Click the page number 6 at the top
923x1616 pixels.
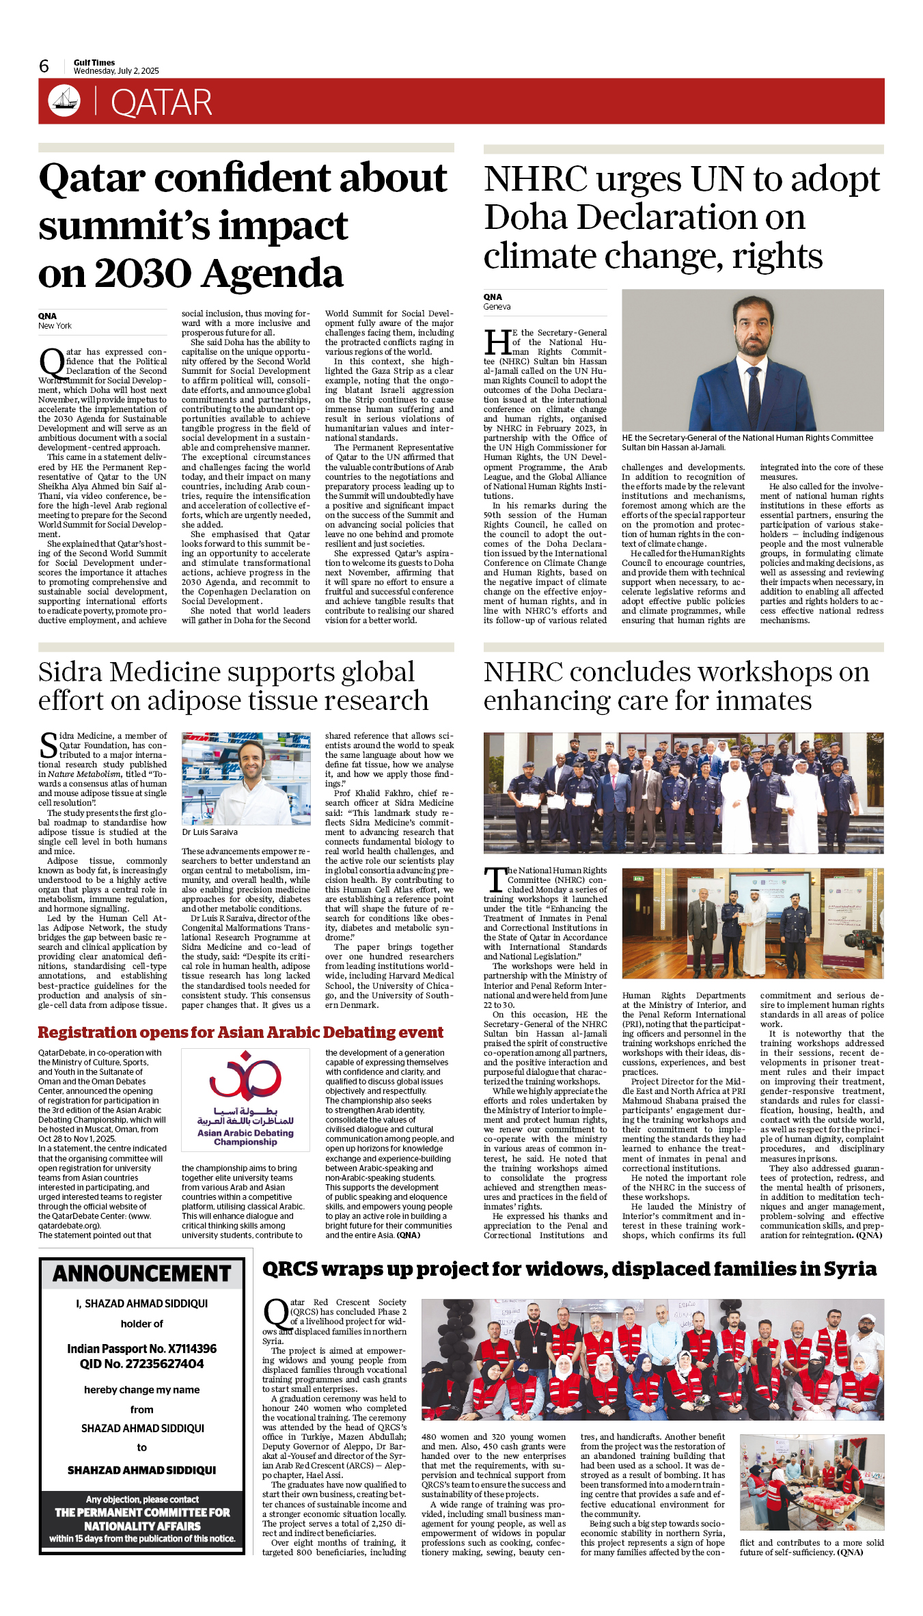click(44, 66)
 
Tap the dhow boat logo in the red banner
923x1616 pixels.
click(64, 100)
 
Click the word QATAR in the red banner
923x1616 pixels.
click(161, 102)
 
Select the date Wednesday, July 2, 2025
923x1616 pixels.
click(116, 71)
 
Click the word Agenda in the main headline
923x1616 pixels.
click(273, 274)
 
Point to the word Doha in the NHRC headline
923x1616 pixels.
click(526, 218)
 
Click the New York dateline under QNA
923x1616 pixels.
click(55, 326)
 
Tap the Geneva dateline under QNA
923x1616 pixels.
click(497, 307)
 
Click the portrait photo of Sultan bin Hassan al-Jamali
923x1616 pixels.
click(752, 360)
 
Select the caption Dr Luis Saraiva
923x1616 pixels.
click(210, 832)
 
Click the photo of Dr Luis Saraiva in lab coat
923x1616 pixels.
click(245, 779)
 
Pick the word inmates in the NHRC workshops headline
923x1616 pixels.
click(768, 701)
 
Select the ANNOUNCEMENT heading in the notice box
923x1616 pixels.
click(142, 1274)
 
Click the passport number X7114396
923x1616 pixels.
click(182, 1349)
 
